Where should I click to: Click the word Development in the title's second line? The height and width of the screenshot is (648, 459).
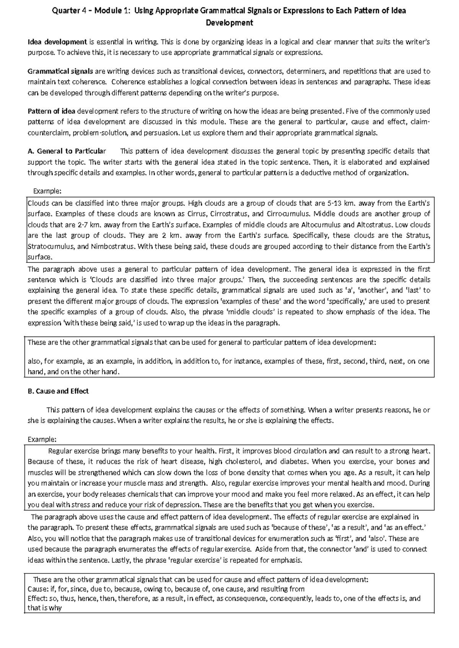point(229,23)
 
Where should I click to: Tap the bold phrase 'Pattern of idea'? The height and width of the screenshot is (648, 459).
point(52,111)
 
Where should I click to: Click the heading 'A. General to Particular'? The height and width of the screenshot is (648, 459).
point(67,151)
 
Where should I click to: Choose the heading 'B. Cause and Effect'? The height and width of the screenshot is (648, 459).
point(58,391)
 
